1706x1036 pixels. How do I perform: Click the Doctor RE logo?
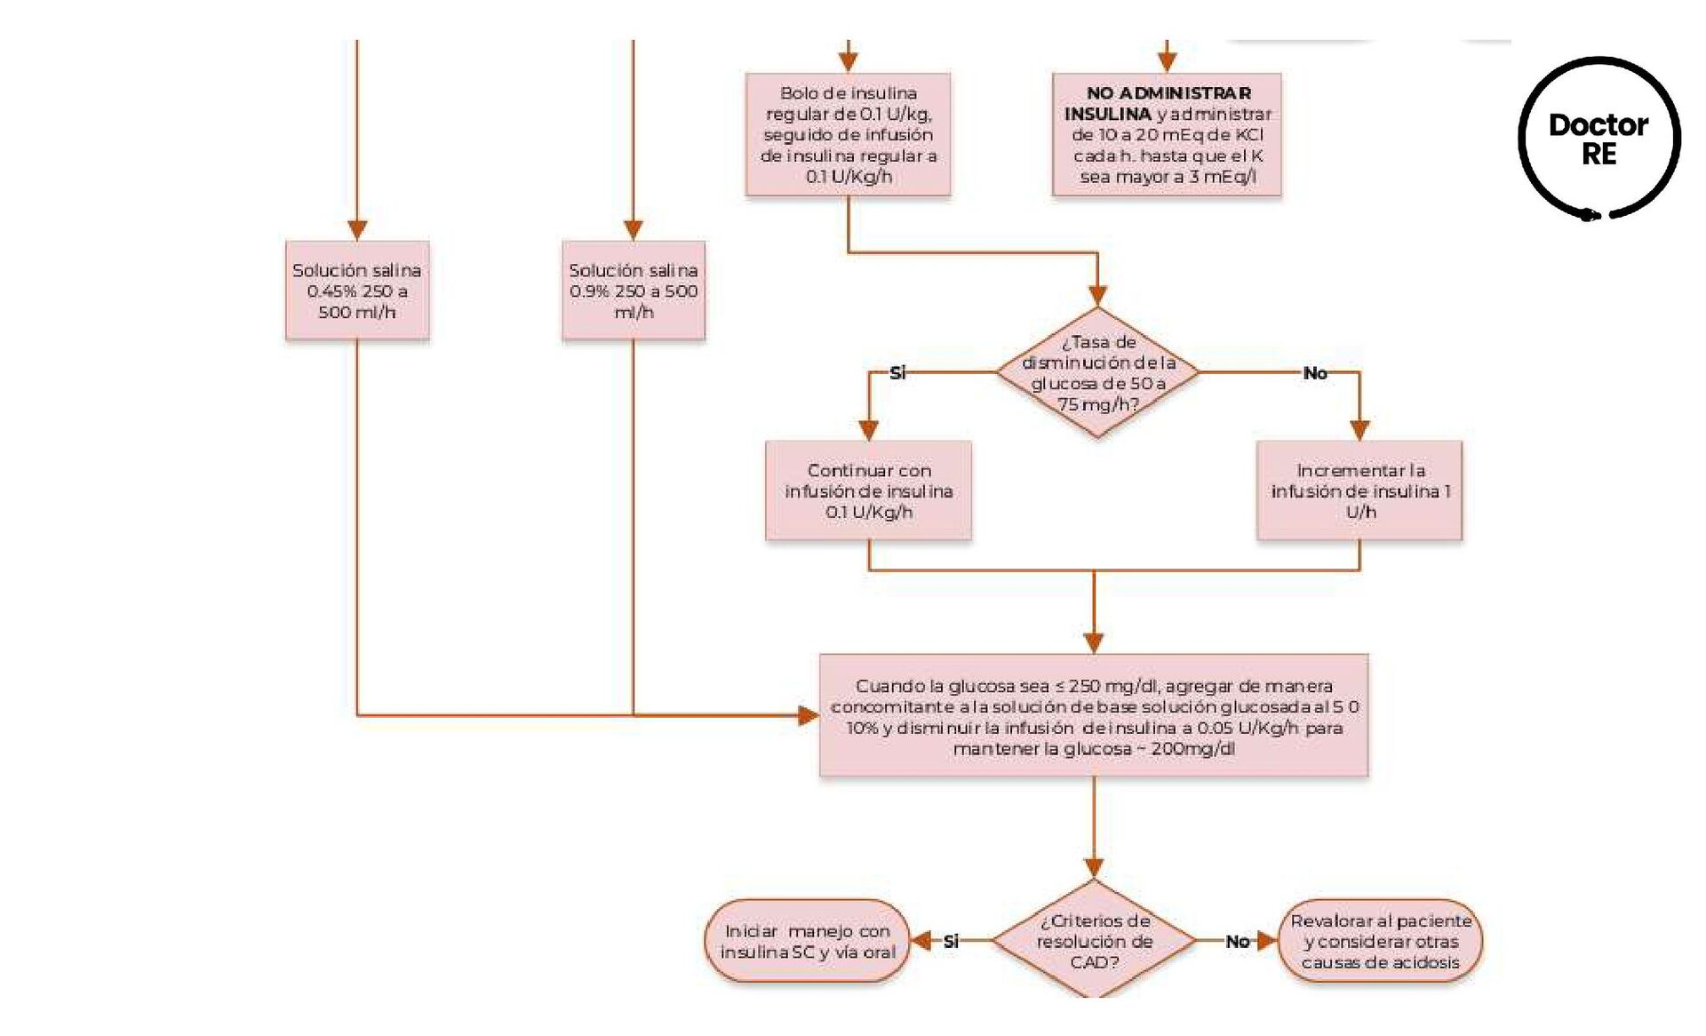[x=1598, y=139]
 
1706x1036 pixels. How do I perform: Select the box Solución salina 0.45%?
[x=357, y=291]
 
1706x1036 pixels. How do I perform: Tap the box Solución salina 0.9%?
[x=633, y=291]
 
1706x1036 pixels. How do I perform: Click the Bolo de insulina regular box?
[x=848, y=134]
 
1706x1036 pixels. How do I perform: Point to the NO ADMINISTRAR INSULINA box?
[x=1167, y=134]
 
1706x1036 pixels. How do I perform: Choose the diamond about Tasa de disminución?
[x=1097, y=372]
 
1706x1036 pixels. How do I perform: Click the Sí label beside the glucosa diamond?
[x=897, y=373]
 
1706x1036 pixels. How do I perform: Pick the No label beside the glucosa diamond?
[x=1314, y=373]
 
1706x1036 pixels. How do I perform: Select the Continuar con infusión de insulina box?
[x=868, y=490]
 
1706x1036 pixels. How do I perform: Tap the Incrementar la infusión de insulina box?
[x=1359, y=490]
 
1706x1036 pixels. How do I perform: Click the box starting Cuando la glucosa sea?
[x=1093, y=716]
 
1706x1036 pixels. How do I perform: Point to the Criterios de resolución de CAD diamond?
[x=1094, y=940]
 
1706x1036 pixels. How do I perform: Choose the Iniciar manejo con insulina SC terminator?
[x=807, y=941]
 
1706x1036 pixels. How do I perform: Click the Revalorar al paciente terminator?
[x=1380, y=941]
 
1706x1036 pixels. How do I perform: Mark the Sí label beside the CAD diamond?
[x=951, y=941]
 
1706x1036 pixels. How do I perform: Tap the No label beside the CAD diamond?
[x=1237, y=941]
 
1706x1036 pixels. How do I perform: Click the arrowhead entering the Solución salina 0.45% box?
[x=357, y=230]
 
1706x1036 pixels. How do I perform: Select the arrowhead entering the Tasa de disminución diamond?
[x=1097, y=296]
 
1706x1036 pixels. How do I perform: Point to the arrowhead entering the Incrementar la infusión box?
[x=1359, y=430]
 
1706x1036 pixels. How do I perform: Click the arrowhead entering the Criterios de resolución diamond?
[x=1094, y=867]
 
